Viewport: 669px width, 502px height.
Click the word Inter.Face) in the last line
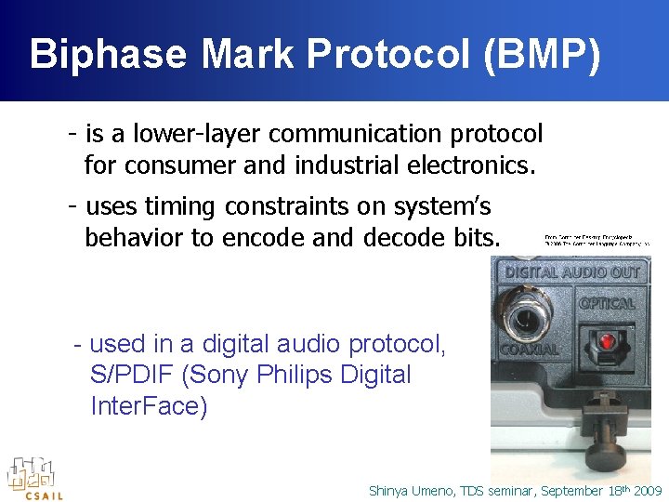pos(149,407)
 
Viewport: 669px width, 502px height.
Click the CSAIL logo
pos(34,478)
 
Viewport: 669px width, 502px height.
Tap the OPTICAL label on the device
pos(606,303)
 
